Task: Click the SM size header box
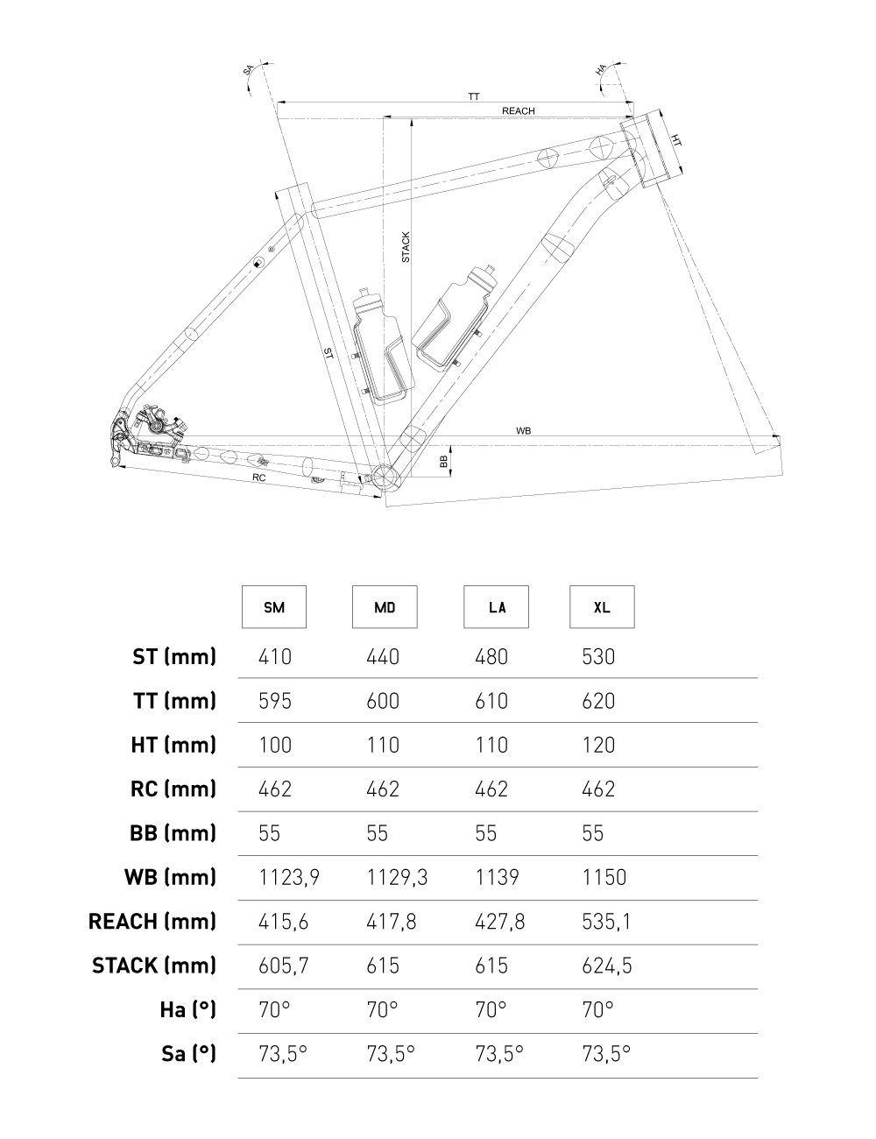[274, 607]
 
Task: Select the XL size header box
[602, 607]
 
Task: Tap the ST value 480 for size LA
[491, 657]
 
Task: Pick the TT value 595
[275, 701]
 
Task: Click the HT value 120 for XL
[598, 746]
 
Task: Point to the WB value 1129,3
[396, 878]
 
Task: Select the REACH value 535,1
[604, 922]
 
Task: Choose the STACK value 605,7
[284, 966]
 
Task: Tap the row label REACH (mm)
[152, 922]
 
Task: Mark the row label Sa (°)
[188, 1054]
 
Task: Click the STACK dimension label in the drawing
[406, 247]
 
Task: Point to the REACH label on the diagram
[518, 111]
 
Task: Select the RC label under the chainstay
[258, 478]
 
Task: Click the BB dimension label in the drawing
[444, 459]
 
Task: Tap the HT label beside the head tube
[676, 141]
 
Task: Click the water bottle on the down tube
[454, 315]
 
